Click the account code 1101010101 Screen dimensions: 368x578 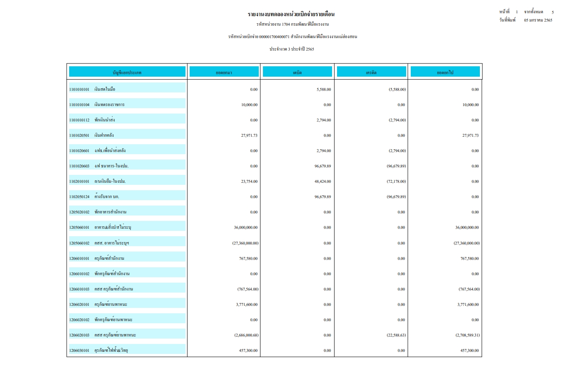[x=79, y=90]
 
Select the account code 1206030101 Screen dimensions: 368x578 [x=79, y=351]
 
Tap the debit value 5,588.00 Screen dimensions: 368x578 [x=323, y=90]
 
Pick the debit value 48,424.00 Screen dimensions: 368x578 [x=323, y=182]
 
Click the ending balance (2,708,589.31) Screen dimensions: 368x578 [x=467, y=335]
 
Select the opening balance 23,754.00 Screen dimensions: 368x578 [x=249, y=182]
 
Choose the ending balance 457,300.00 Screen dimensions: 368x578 [x=470, y=351]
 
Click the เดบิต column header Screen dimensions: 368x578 [x=297, y=73]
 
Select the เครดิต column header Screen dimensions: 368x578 [x=371, y=73]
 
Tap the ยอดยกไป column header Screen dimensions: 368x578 [x=445, y=73]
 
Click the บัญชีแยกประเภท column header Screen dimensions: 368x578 [x=127, y=73]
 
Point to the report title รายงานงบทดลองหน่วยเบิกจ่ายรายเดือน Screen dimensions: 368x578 [x=291, y=15]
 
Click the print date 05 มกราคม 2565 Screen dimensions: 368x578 [x=538, y=20]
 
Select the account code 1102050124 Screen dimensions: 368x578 [x=79, y=197]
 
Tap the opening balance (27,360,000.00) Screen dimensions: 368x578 [x=245, y=243]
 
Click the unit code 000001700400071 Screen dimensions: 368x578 [x=274, y=37]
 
